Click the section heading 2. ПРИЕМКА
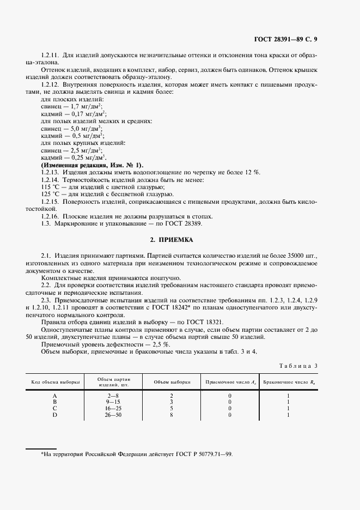pos(172,240)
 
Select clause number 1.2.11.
pos(50,56)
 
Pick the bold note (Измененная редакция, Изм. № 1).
pos(92,165)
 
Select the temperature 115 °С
pos(49,187)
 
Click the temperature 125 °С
pos(49,194)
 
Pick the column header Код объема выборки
pos(55,382)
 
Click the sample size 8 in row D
pos(171,415)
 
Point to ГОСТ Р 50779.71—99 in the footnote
pos(196,454)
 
